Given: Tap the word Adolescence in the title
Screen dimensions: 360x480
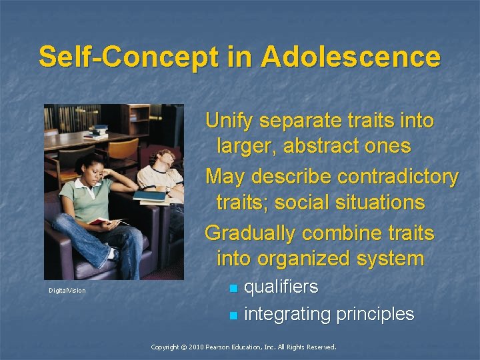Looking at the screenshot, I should pos(351,57).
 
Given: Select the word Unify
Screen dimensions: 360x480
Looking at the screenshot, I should pos(230,121).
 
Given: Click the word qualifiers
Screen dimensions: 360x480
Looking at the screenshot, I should pos(281,287).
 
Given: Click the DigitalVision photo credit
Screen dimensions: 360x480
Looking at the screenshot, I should pos(67,291).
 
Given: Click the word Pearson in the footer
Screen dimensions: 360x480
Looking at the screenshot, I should pos(225,347).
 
